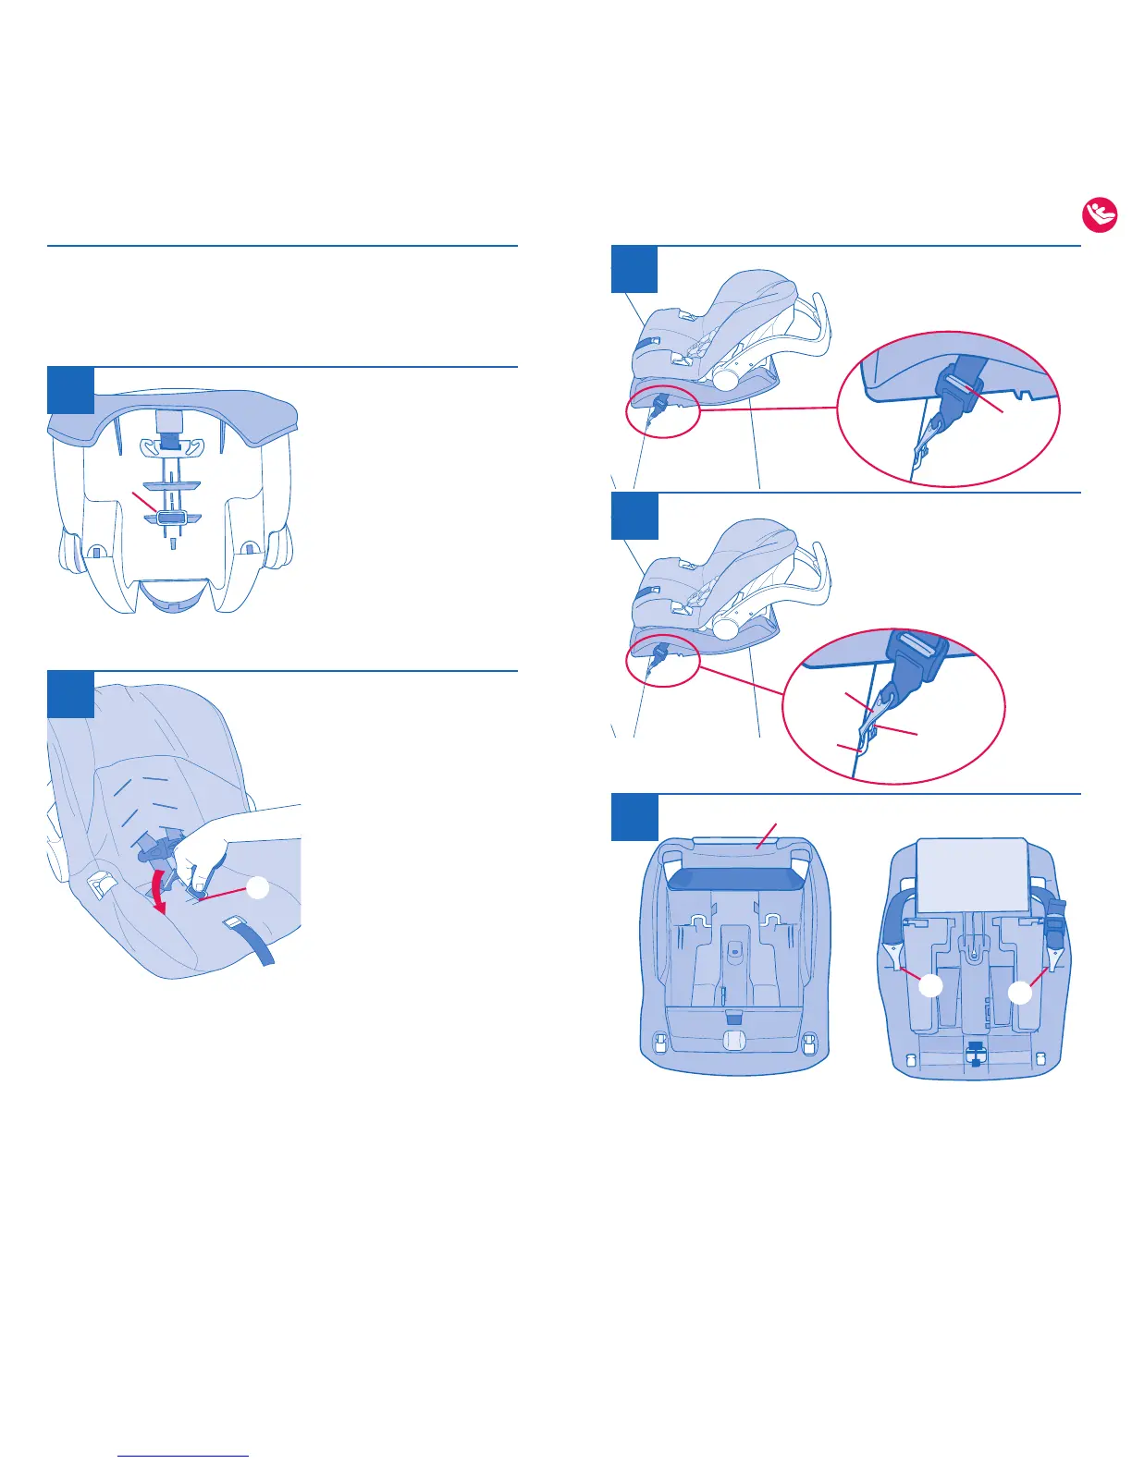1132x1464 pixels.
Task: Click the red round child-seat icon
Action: point(1100,215)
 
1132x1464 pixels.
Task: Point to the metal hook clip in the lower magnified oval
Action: point(869,735)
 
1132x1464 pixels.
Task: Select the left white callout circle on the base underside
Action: point(930,986)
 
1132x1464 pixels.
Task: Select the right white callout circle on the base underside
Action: point(1020,994)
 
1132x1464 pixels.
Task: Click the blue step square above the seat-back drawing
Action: point(70,390)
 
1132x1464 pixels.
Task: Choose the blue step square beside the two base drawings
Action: point(634,817)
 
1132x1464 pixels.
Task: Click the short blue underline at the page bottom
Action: point(184,1456)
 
